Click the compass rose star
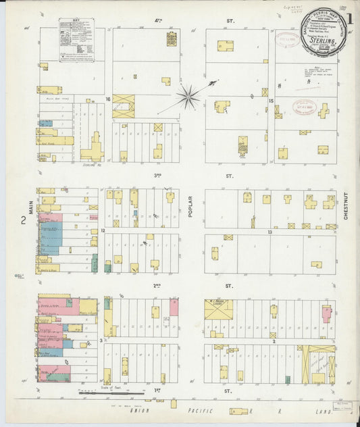click(x=188, y=97)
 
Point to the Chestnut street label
click(x=345, y=206)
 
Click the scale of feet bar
click(x=111, y=393)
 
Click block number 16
click(x=107, y=99)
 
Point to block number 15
click(x=270, y=101)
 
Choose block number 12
click(x=103, y=231)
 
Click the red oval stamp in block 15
click(x=304, y=107)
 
